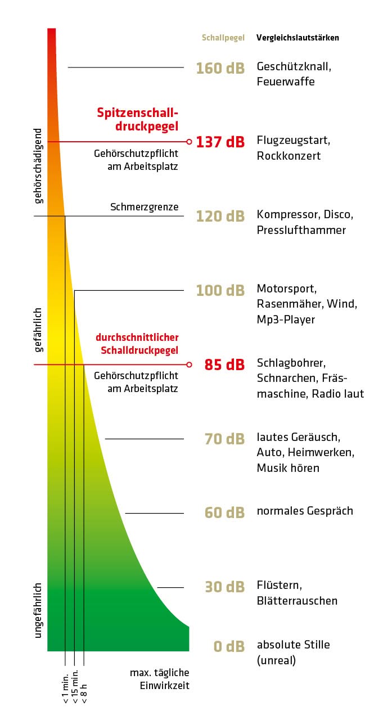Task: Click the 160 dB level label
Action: (x=220, y=69)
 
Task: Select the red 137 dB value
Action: (x=220, y=142)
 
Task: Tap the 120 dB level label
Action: (x=220, y=217)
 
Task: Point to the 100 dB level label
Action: (x=220, y=291)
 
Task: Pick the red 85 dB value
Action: (x=224, y=365)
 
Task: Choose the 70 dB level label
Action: (x=224, y=439)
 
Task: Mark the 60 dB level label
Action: (x=224, y=512)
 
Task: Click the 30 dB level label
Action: (x=224, y=587)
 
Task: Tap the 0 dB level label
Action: (x=229, y=646)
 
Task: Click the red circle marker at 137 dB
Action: (x=190, y=142)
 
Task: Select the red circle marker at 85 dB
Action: (x=190, y=364)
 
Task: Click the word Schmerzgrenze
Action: (x=145, y=207)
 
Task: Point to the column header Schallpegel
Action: (x=223, y=38)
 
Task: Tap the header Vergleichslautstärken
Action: (x=298, y=38)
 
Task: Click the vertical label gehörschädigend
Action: (x=38, y=166)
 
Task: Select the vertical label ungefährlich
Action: (x=38, y=610)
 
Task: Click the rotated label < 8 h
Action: (x=84, y=694)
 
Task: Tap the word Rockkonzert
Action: (x=289, y=156)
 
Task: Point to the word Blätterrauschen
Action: (x=297, y=601)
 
